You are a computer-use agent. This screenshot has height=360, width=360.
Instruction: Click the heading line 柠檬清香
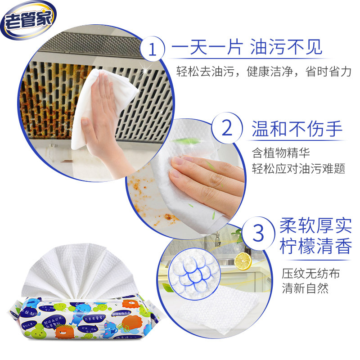(315, 246)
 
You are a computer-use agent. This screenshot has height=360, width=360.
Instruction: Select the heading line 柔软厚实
(315, 224)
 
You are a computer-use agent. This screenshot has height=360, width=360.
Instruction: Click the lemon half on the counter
(243, 261)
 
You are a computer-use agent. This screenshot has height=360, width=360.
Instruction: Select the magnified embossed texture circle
(195, 272)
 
